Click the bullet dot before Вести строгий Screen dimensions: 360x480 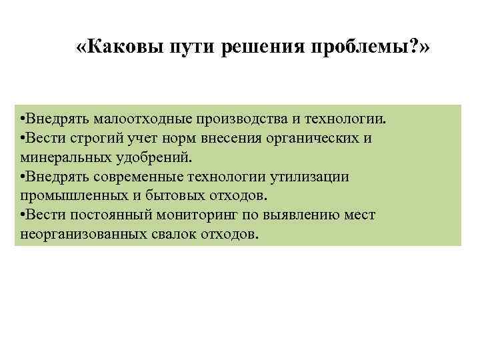(x=23, y=139)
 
